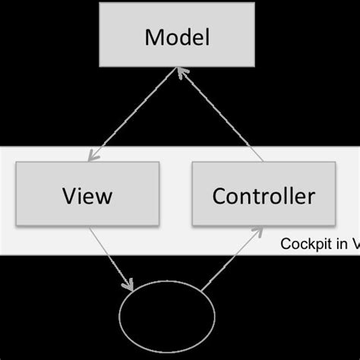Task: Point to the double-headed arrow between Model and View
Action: tap(134, 114)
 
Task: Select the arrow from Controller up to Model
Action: tap(222, 114)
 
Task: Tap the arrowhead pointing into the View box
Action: tap(93, 156)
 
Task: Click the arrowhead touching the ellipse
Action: tap(130, 286)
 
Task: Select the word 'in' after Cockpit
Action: tap(339, 244)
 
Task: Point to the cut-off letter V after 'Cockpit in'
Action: tap(354, 244)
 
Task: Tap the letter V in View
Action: tap(68, 196)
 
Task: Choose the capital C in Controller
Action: tap(219, 196)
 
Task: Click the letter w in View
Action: tap(104, 197)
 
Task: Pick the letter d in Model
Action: tap(185, 36)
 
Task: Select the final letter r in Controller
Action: tap(311, 197)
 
